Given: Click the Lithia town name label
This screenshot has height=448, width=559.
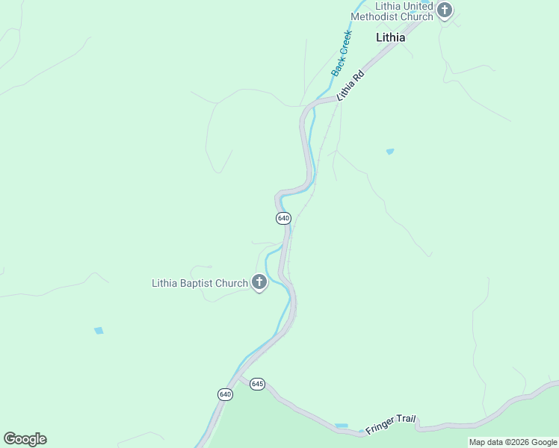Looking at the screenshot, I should (390, 37).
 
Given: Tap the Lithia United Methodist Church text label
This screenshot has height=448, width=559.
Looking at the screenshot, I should (392, 11).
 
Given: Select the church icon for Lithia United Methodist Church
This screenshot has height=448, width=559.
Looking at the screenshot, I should (445, 11).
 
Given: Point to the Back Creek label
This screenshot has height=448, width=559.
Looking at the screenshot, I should (342, 53).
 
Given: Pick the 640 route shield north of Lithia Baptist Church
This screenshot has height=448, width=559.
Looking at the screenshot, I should (283, 218).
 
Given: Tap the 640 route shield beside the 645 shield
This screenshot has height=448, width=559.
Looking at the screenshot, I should (226, 394).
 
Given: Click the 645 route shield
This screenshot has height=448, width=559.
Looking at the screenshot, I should (257, 384).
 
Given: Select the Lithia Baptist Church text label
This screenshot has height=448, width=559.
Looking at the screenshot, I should (200, 283).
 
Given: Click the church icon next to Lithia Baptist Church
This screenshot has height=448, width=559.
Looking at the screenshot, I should (259, 282).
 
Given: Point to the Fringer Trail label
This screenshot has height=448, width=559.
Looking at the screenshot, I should (390, 425).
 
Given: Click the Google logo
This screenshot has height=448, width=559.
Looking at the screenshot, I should (25, 439).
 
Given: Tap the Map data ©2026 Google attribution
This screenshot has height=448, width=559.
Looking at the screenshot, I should (513, 442).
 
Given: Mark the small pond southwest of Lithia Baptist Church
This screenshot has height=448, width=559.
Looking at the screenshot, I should (99, 330).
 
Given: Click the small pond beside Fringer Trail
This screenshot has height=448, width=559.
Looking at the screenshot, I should (342, 426).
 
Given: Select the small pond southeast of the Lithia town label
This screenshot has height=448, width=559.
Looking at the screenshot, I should (389, 152).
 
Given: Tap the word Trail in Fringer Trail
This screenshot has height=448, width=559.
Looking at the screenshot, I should (404, 421).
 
